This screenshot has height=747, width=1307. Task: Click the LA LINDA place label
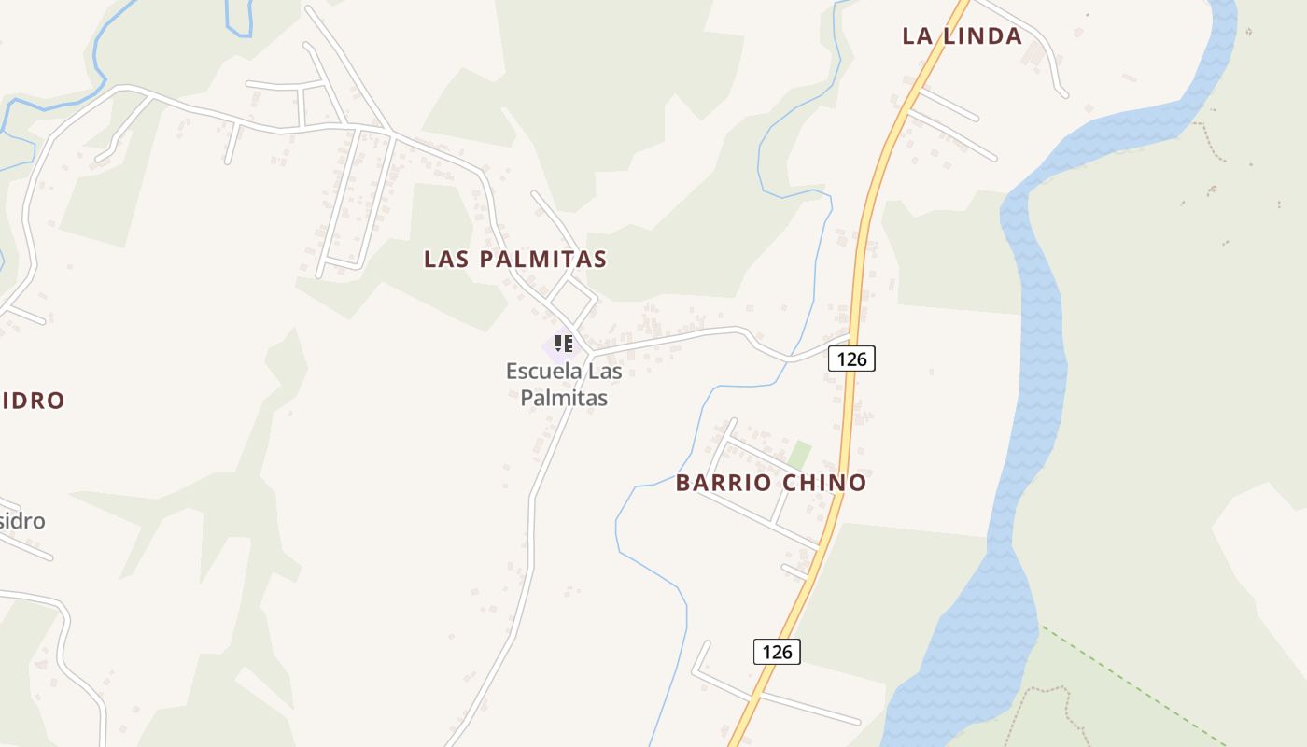point(962,36)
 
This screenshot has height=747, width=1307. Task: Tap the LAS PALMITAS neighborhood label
point(515,260)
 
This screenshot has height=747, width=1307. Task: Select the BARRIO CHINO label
point(771,483)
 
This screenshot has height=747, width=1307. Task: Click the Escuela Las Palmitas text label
point(564,384)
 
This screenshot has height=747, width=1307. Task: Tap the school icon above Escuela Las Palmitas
point(563,344)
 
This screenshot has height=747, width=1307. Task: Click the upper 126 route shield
point(851,359)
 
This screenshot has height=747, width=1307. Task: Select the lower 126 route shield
point(777,652)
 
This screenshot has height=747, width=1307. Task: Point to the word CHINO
point(824,483)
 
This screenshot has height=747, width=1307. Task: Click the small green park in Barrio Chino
point(798,456)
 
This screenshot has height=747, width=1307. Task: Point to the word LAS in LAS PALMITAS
point(445,260)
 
